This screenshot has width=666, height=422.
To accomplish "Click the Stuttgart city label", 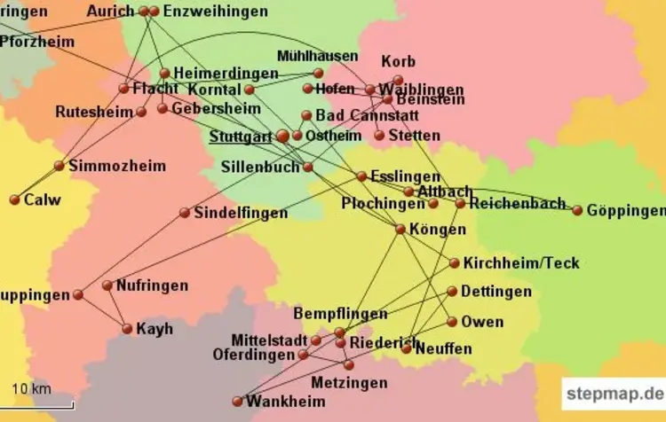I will (240, 137).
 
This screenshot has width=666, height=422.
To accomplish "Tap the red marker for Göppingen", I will (577, 210).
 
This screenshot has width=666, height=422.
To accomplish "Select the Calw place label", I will (42, 199).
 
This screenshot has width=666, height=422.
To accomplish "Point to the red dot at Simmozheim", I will (59, 166).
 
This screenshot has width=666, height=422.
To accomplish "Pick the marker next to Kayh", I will (127, 328).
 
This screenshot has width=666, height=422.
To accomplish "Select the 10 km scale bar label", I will (31, 388).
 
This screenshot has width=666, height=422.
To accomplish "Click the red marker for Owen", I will (452, 321).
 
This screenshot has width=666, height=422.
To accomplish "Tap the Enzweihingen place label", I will (214, 11).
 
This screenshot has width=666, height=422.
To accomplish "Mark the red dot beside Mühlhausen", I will (318, 73).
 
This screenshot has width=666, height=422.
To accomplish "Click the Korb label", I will (398, 62).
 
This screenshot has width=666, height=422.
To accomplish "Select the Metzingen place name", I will (349, 383).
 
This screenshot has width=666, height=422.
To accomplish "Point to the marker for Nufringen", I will (107, 285).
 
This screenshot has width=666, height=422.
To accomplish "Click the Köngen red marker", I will (400, 229).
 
